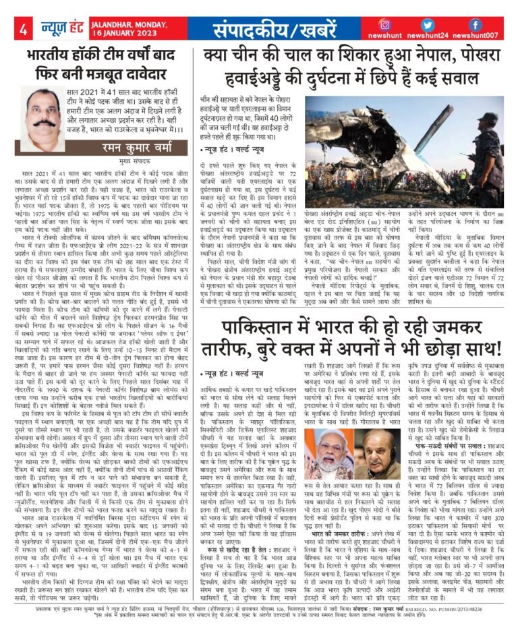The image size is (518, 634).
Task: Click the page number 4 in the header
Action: (23, 29)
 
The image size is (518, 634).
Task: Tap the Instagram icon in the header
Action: (404, 24)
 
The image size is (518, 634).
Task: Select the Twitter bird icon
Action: (446, 24)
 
